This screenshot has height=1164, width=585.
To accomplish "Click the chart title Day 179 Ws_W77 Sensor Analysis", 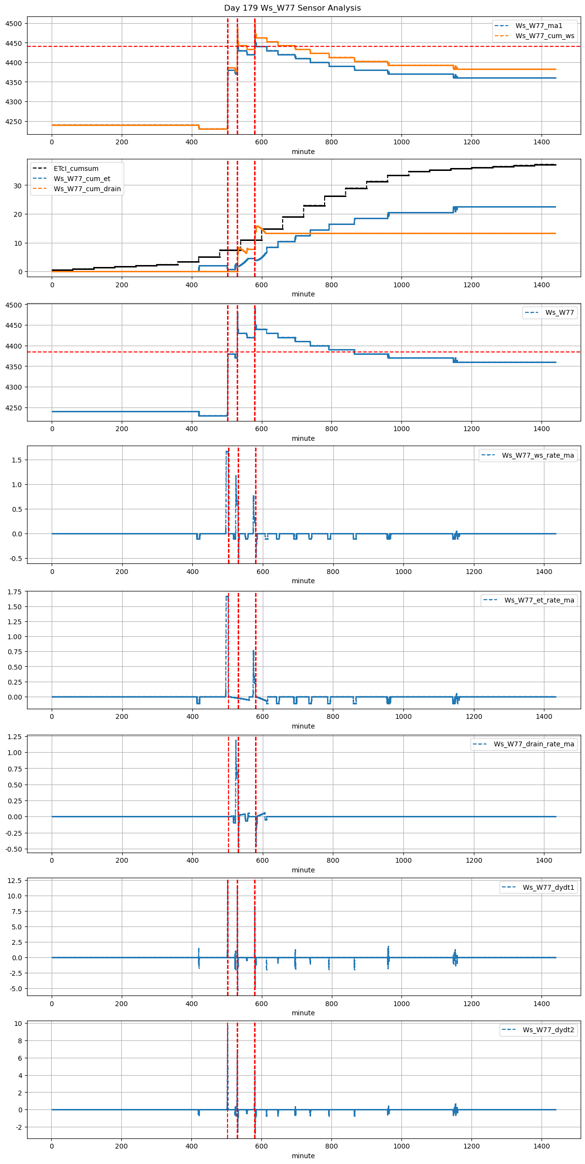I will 292,8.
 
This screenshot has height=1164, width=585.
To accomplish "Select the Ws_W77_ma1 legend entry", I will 539,26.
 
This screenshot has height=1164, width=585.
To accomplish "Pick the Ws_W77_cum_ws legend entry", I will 545,36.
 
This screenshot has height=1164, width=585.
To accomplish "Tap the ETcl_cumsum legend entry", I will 76,168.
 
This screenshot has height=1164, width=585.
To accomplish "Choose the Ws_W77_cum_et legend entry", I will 82,179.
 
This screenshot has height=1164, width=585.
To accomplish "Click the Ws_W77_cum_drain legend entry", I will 87,189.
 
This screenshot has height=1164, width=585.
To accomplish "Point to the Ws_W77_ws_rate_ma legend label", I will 538,455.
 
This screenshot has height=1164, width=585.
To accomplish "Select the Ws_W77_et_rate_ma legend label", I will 539,600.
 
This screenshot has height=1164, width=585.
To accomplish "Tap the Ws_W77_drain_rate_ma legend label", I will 534,744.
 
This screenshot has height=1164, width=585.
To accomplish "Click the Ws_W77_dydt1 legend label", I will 548,887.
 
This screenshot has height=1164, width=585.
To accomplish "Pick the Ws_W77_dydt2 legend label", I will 548,1030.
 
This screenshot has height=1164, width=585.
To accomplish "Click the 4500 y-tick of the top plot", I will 14,24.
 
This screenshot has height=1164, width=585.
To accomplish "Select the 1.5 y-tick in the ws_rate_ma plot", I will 17,460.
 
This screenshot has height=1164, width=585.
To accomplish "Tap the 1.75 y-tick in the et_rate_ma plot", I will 14,592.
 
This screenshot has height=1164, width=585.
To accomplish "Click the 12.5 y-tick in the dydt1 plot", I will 14,881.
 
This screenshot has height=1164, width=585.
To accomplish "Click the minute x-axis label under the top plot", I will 303,152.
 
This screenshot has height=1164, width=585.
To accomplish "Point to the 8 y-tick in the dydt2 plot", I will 19,1041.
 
